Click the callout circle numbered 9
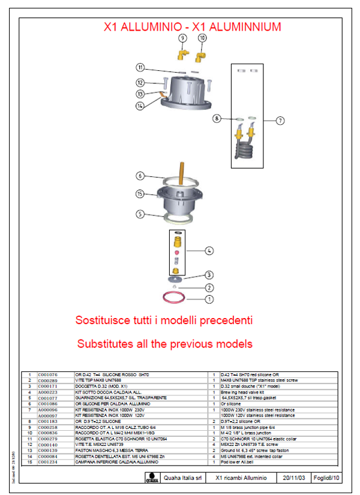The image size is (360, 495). pos(182,38)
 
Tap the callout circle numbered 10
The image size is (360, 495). pos(202,38)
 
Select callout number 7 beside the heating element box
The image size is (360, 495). pos(280,121)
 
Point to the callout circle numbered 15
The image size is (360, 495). pos(140,194)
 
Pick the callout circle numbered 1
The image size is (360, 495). pos(209,298)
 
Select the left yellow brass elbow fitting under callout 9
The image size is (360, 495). pos(181,55)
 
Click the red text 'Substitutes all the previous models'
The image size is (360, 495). pos(164,344)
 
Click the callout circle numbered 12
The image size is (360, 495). pos(140,83)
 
